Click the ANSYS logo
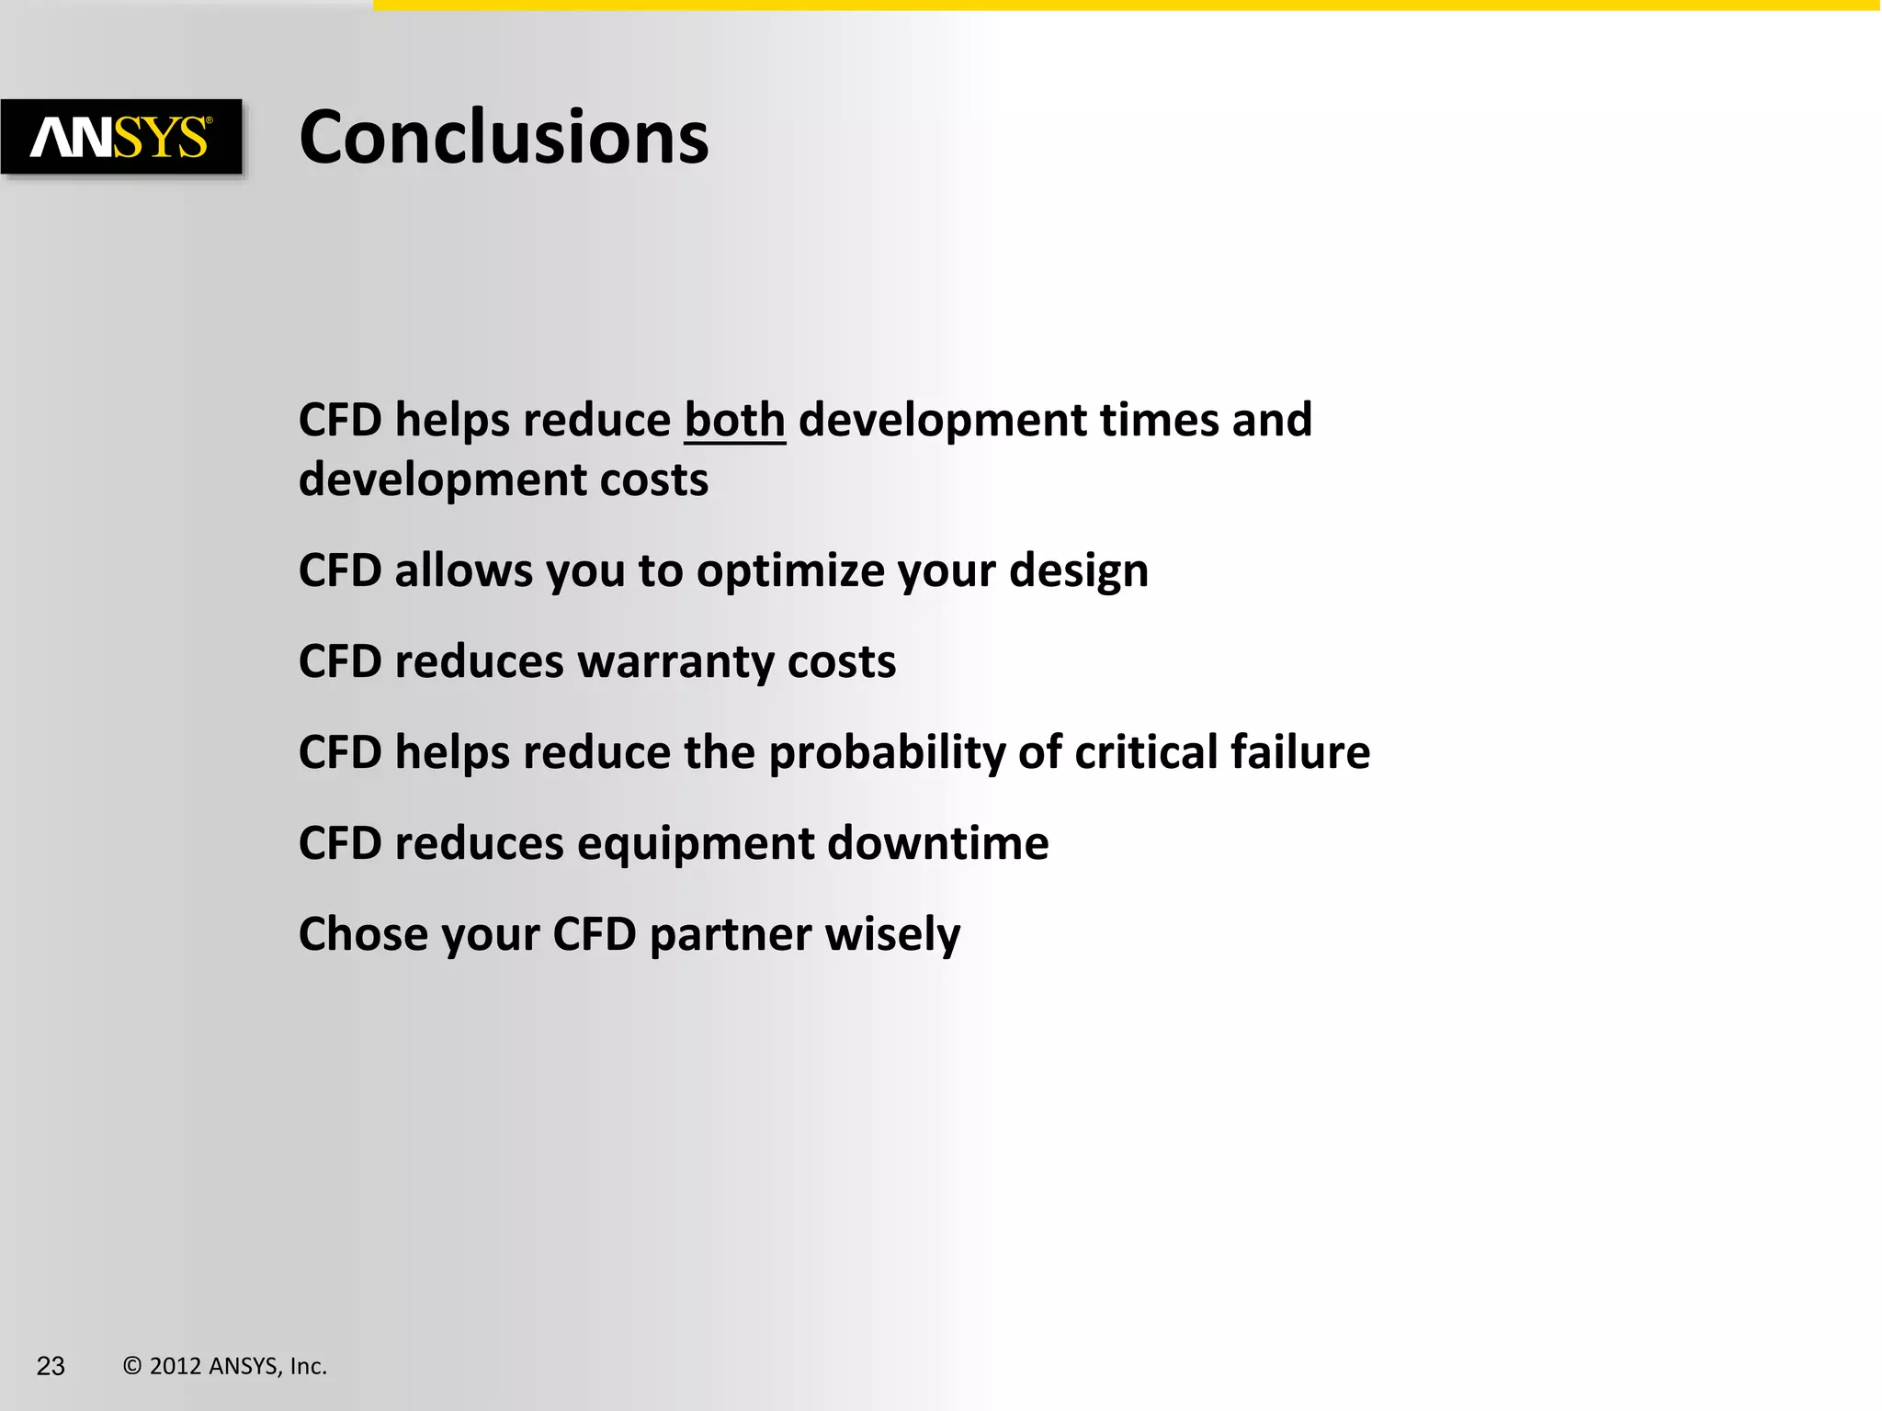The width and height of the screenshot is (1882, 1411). pos(121,137)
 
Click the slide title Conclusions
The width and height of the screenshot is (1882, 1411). pos(504,138)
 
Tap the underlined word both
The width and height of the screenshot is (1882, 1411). pos(734,421)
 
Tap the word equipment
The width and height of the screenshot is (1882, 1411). pos(696,844)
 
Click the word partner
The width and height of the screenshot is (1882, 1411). pos(731,935)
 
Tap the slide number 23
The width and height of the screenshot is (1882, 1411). pos(51,1366)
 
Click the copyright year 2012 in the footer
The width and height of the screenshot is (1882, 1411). pos(176,1366)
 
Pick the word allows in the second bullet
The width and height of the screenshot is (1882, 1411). pos(463,570)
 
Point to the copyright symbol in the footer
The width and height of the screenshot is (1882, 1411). pos(132,1366)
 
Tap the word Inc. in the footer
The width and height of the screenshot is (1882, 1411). pos(308,1366)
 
